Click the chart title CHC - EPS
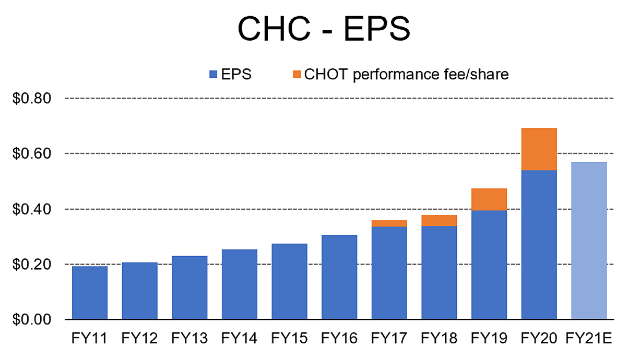[x=324, y=29]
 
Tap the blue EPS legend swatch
[x=213, y=75]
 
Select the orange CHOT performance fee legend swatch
[x=297, y=75]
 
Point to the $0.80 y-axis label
[x=32, y=98]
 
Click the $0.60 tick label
[x=32, y=153]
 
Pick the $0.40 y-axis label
[x=32, y=209]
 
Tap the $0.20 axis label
[x=32, y=265]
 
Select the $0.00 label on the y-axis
[x=32, y=319]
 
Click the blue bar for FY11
[x=90, y=293]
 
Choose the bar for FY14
[x=240, y=284]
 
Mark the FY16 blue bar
[x=339, y=277]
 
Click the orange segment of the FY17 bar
[x=389, y=223]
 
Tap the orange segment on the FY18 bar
[x=439, y=221]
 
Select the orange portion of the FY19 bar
[x=489, y=199]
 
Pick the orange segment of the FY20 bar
[x=539, y=149]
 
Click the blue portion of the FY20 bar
[x=539, y=245]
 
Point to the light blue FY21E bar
[x=589, y=241]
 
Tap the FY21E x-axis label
[x=589, y=339]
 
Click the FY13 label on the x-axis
[x=189, y=339]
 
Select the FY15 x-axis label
[x=289, y=339]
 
